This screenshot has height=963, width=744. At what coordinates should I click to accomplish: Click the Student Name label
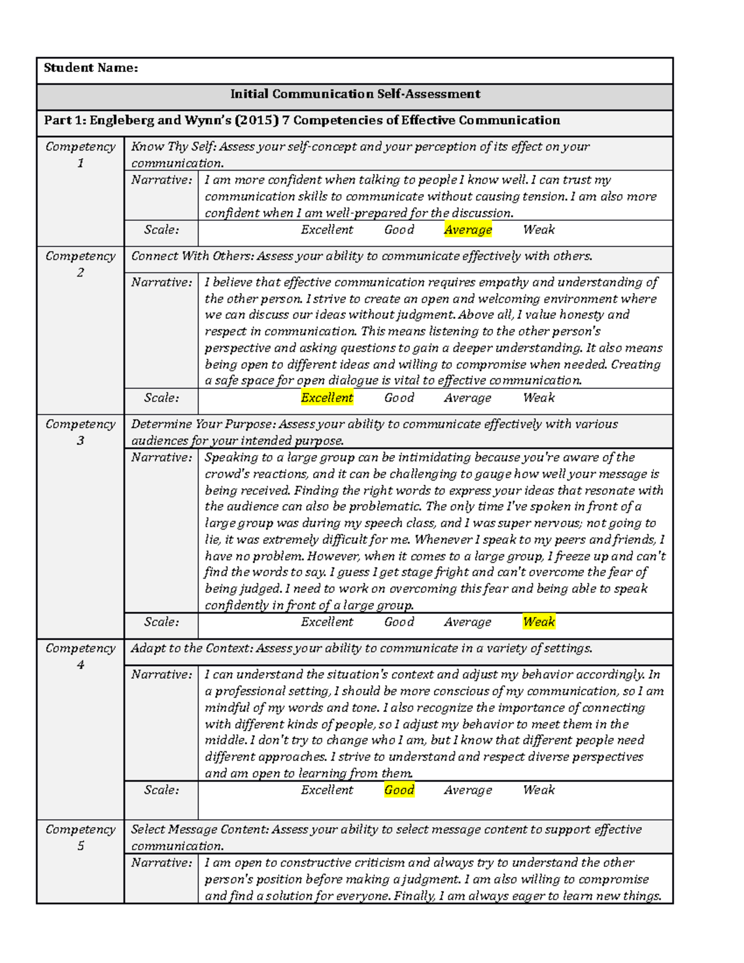[91, 68]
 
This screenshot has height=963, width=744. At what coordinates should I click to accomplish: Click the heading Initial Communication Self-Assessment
[355, 94]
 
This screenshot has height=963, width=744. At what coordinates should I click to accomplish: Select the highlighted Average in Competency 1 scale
[468, 230]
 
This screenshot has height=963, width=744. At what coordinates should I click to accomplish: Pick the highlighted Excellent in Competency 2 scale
[327, 398]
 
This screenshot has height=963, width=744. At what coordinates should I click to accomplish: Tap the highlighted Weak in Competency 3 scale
[539, 622]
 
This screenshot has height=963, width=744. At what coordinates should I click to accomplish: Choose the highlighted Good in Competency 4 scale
[399, 790]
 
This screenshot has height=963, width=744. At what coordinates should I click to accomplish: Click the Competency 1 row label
[81, 155]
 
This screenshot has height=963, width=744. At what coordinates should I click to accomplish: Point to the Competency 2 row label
[81, 264]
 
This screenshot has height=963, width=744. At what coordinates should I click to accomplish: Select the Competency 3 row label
[81, 432]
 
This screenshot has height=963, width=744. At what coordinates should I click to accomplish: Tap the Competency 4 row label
[81, 656]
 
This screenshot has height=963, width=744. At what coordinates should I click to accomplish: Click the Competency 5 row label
[81, 837]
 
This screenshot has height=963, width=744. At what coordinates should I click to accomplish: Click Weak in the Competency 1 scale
[539, 230]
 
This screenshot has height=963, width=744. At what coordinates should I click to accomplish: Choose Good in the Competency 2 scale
[399, 398]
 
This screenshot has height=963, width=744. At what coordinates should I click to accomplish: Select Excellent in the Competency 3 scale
[327, 622]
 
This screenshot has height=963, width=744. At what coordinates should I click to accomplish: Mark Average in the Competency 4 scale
[468, 790]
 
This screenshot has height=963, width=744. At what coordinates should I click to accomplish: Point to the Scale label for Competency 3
[162, 622]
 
